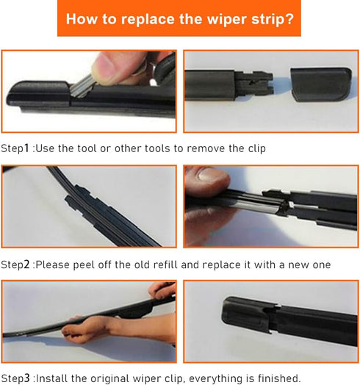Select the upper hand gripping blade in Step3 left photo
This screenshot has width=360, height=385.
pyautogui.click(x=163, y=290)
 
